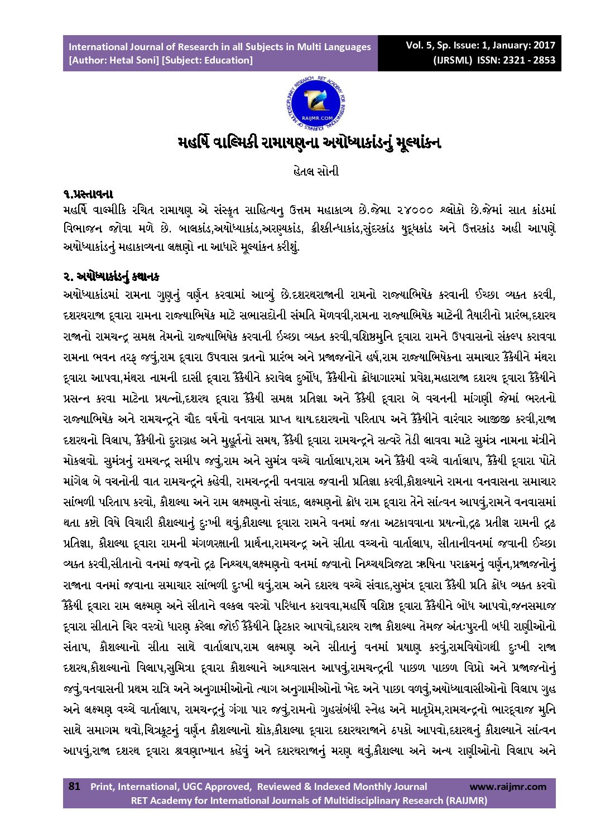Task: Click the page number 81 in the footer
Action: point(74,787)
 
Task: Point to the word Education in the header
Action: point(229,60)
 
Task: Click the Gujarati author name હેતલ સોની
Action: point(316,171)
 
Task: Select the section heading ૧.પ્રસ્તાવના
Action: point(89,195)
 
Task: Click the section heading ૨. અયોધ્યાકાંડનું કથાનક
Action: point(112,275)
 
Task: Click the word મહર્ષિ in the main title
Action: point(196,143)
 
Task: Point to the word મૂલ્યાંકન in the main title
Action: point(413,143)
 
